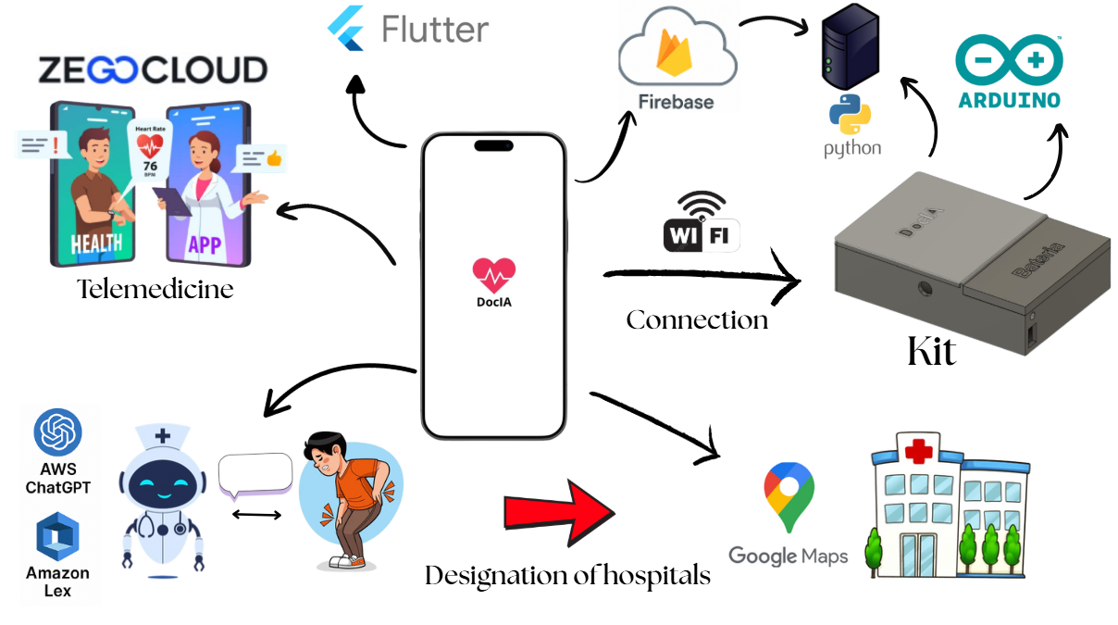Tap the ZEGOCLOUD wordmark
[x=153, y=70]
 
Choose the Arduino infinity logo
[x=1009, y=57]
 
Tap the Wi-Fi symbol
[x=702, y=221]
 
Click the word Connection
[x=697, y=320]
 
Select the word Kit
[x=931, y=353]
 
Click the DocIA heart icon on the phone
[x=493, y=273]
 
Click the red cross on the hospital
[x=919, y=453]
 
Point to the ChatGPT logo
[x=57, y=432]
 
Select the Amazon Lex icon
[x=57, y=538]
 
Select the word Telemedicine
[x=155, y=290]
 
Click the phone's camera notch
[x=493, y=145]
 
